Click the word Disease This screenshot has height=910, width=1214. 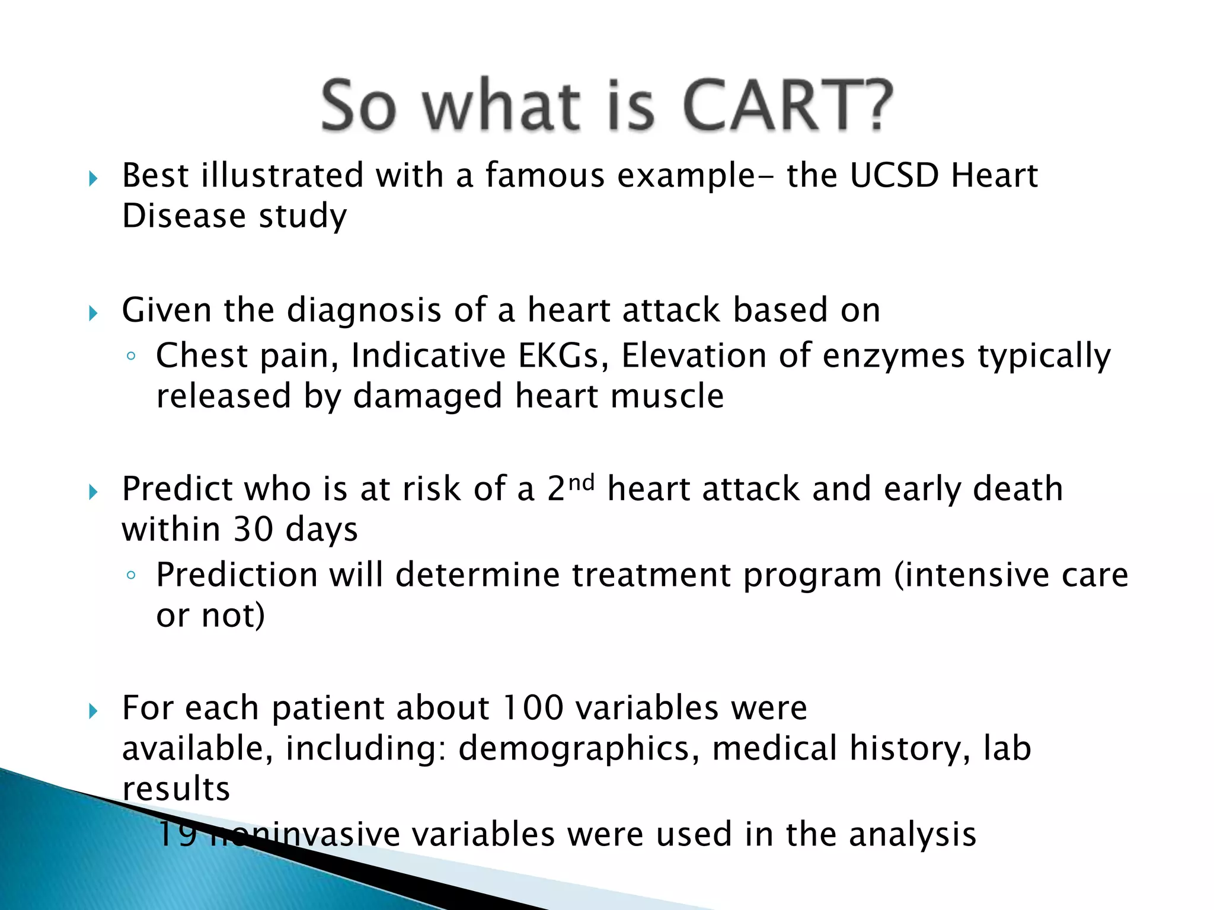click(183, 216)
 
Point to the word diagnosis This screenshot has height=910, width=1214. click(364, 310)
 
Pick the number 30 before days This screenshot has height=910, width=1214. click(253, 530)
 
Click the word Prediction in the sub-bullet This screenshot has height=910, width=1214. click(237, 575)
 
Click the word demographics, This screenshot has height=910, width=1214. click(574, 749)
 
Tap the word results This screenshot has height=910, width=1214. click(176, 789)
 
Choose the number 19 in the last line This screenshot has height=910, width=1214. click(177, 834)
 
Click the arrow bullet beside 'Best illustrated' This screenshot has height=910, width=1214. click(93, 178)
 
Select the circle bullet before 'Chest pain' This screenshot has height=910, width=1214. click(131, 357)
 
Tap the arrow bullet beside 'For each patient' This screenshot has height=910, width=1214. click(93, 710)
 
